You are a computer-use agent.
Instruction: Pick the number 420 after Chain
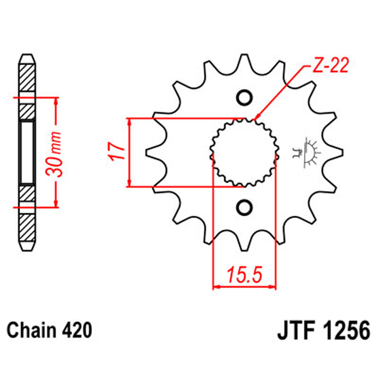click(78, 331)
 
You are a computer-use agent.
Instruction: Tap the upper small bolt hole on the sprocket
click(244, 98)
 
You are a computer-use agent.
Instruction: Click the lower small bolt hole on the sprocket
click(244, 207)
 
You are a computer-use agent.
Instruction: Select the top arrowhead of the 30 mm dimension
click(56, 101)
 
